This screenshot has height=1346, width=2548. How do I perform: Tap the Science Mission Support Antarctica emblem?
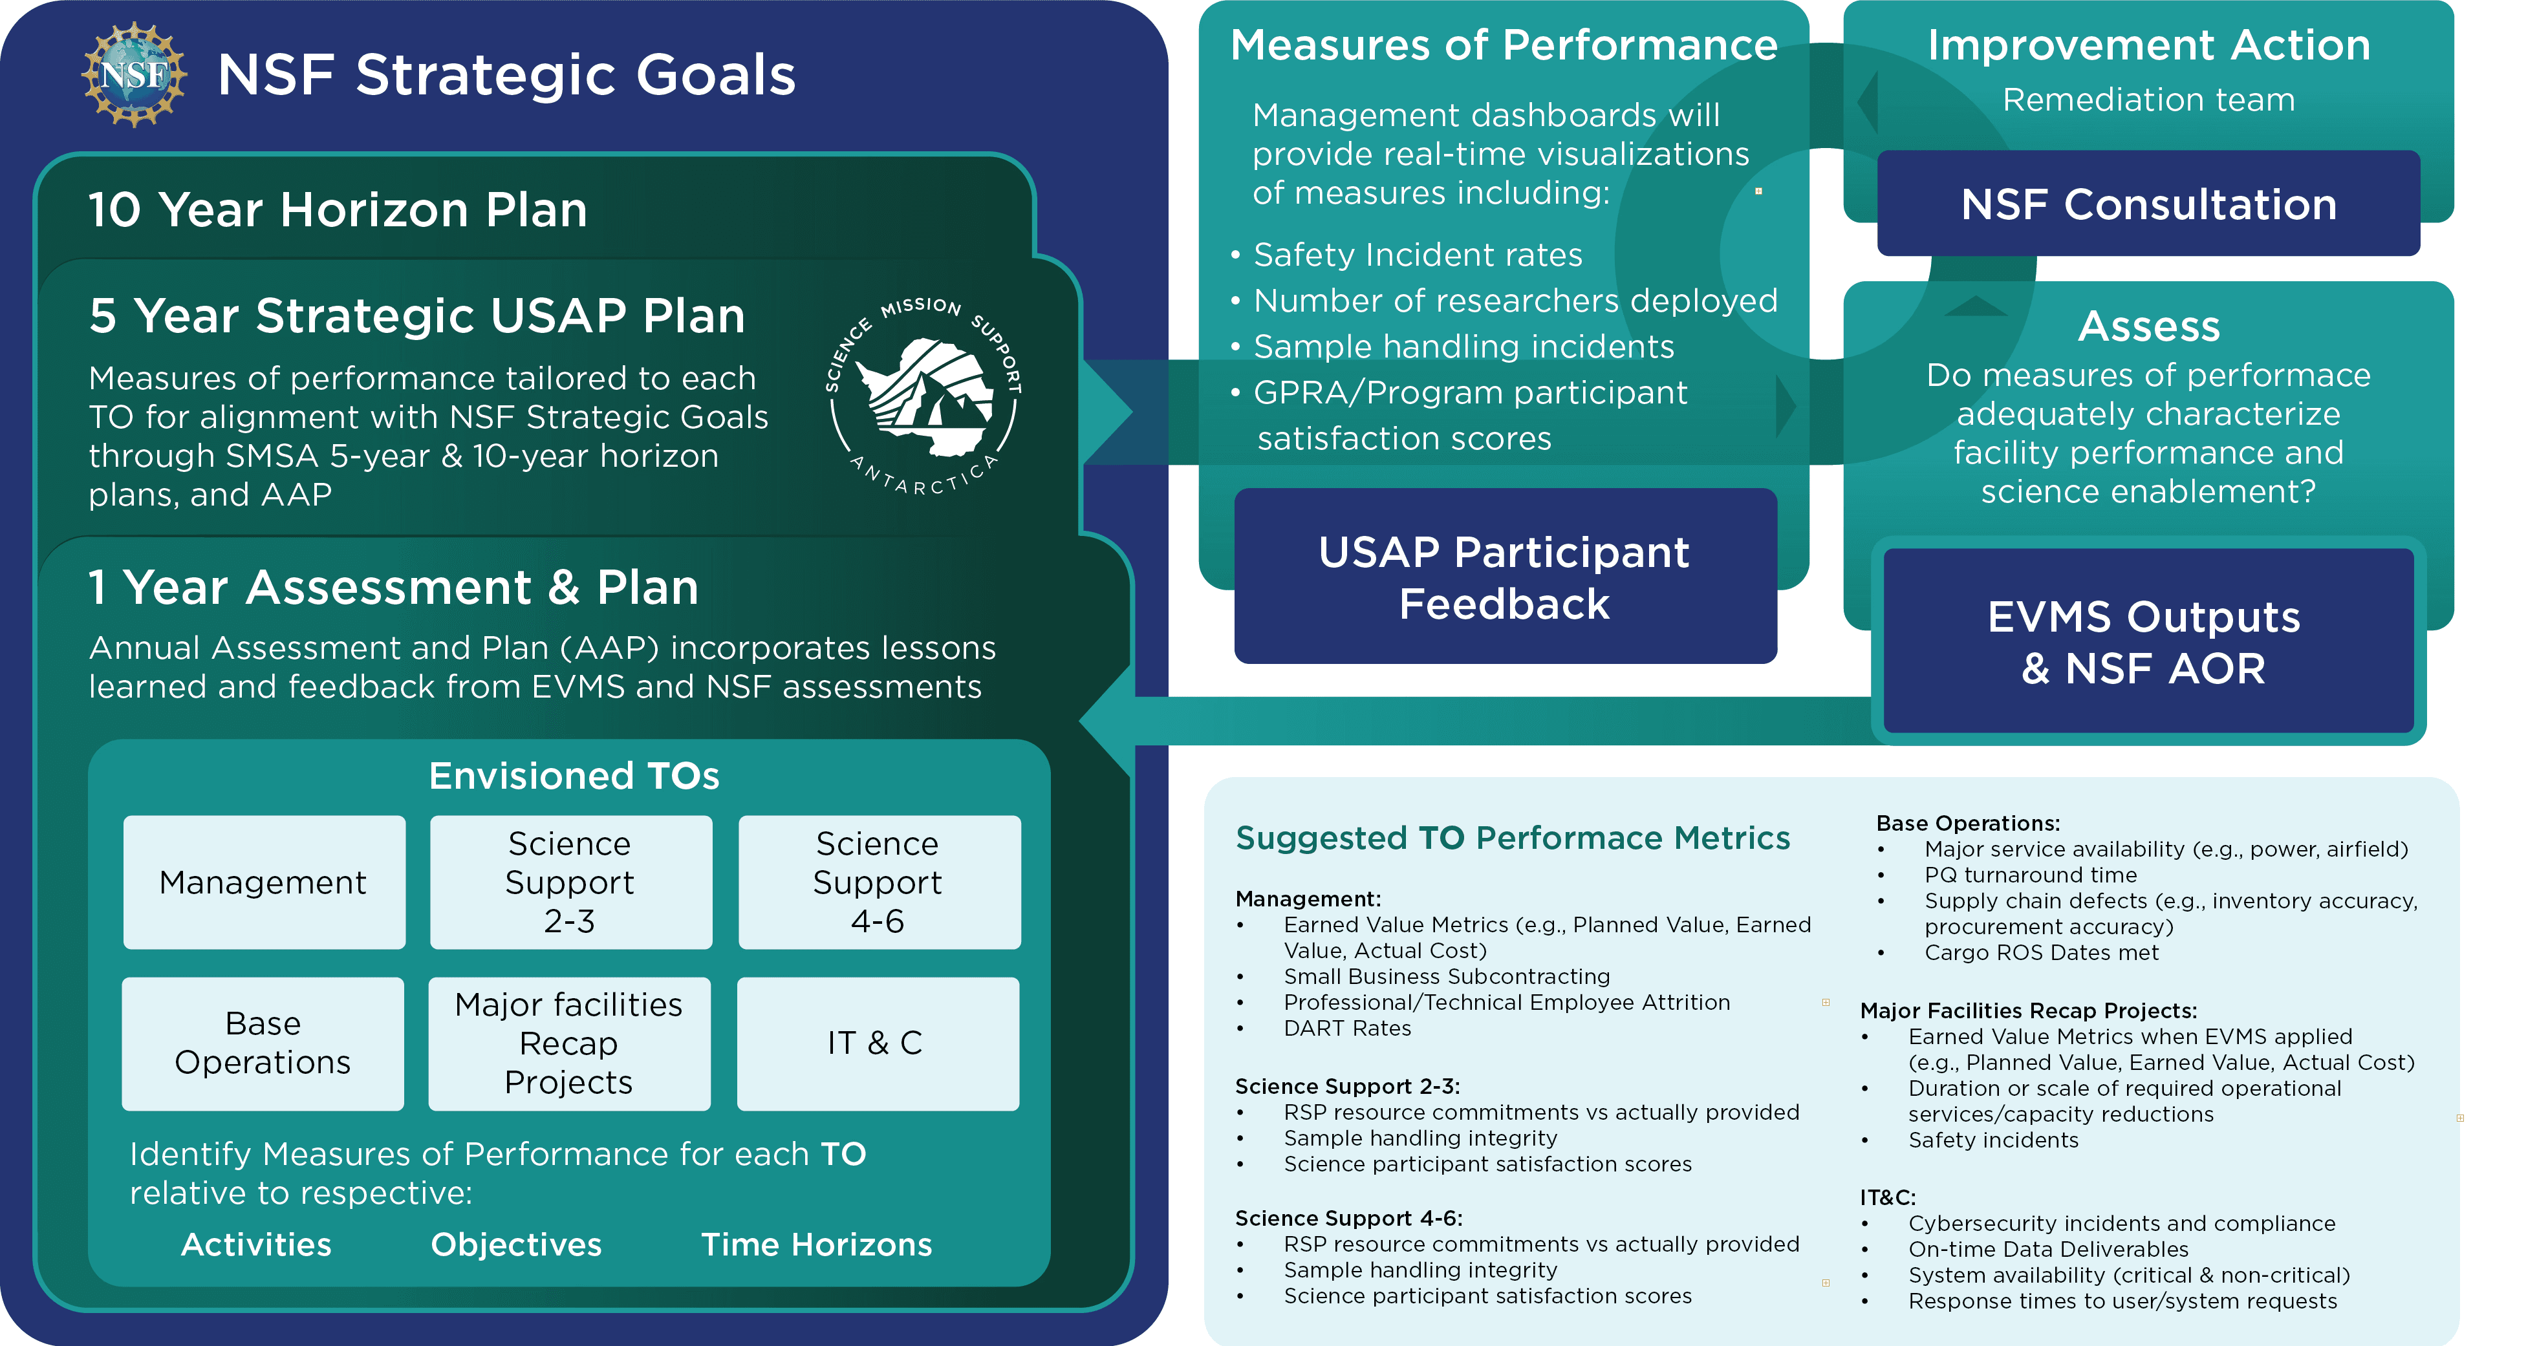pos(923,396)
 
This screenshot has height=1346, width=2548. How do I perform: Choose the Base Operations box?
pos(263,1043)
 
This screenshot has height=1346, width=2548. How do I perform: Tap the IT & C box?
pos(878,1043)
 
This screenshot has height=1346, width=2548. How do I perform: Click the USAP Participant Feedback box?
pos(1504,577)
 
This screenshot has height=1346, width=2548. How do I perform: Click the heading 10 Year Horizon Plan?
pos(338,209)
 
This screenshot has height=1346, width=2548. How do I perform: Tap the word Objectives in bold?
pos(516,1244)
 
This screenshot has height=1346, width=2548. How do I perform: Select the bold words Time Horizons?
pos(816,1244)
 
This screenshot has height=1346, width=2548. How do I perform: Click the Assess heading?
pos(2148,326)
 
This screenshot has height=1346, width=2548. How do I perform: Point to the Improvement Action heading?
pos(2148,45)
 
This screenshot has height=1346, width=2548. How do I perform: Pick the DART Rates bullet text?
pos(1347,1029)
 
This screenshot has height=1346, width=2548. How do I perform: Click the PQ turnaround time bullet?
pos(2030,875)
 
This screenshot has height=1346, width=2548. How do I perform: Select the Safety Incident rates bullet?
pos(1418,255)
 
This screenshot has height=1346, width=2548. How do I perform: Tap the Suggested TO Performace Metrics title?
pos(1513,839)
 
